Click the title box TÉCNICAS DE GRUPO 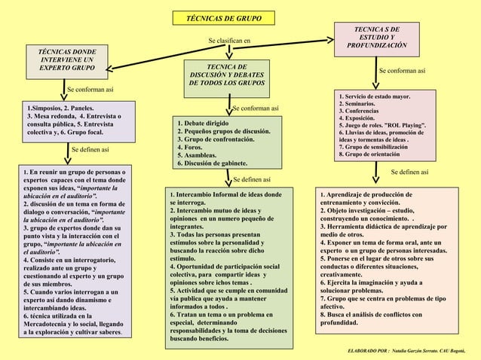coord(219,17)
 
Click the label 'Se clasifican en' coord(229,40)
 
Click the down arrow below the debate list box coord(228,178)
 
